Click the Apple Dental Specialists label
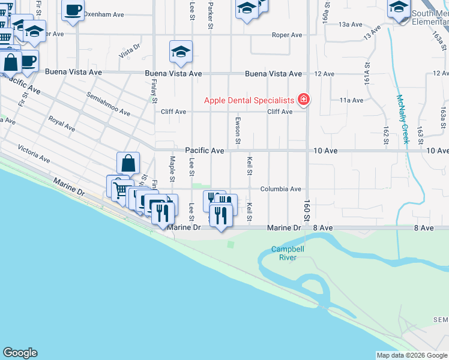(249, 100)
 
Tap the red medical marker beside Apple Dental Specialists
(304, 100)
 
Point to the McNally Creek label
(402, 119)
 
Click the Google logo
(20, 352)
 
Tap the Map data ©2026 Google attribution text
(412, 355)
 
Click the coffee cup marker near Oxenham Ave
(73, 11)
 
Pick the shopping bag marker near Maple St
(128, 163)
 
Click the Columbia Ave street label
(280, 189)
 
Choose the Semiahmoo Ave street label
(108, 103)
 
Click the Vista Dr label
(130, 51)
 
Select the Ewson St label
(238, 130)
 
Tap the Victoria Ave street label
(34, 153)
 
